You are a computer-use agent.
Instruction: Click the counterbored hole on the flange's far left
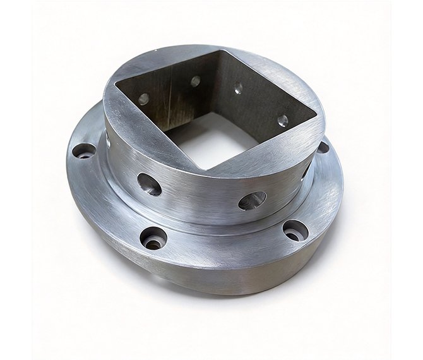coord(83,151)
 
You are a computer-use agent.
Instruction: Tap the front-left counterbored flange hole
coord(153,238)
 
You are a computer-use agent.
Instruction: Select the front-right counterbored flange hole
coord(295,230)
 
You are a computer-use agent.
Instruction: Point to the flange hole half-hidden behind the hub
coord(323,148)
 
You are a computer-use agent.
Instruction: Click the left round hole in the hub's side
coord(150,184)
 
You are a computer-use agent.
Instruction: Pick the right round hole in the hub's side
coord(253,201)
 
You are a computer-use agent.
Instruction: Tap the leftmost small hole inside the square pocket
coord(144,99)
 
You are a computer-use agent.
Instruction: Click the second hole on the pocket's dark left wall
coord(196,81)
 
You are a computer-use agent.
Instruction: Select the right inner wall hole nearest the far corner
coord(238,90)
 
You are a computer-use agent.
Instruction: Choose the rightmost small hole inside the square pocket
coord(283,120)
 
